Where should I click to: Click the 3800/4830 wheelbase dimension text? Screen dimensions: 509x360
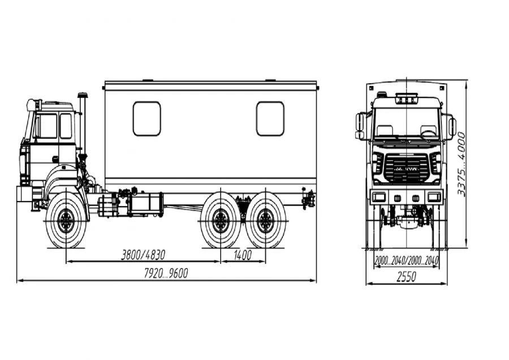point(143,255)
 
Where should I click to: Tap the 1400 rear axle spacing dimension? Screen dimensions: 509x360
point(243,255)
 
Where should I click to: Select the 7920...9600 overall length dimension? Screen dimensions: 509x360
point(166,273)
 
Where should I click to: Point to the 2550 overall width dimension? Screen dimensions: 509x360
point(406,277)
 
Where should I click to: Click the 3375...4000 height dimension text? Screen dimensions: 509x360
point(461,164)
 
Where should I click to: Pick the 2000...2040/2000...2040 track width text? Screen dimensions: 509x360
point(407,260)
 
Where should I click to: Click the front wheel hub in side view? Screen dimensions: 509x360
point(66,221)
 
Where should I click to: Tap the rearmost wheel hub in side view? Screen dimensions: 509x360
point(266,221)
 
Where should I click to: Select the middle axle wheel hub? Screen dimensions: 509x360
point(221,221)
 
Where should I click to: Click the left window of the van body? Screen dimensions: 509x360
point(146,119)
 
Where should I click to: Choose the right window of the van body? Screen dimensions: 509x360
point(270,119)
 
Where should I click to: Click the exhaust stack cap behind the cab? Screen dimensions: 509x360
point(82,95)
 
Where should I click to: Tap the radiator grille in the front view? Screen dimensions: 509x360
point(406,168)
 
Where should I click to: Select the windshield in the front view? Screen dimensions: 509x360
point(406,123)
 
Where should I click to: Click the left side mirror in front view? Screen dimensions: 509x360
point(359,125)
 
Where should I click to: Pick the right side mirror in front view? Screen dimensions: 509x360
point(452,127)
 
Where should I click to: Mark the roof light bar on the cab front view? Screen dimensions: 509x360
point(406,98)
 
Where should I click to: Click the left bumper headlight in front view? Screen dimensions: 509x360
point(378,197)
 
